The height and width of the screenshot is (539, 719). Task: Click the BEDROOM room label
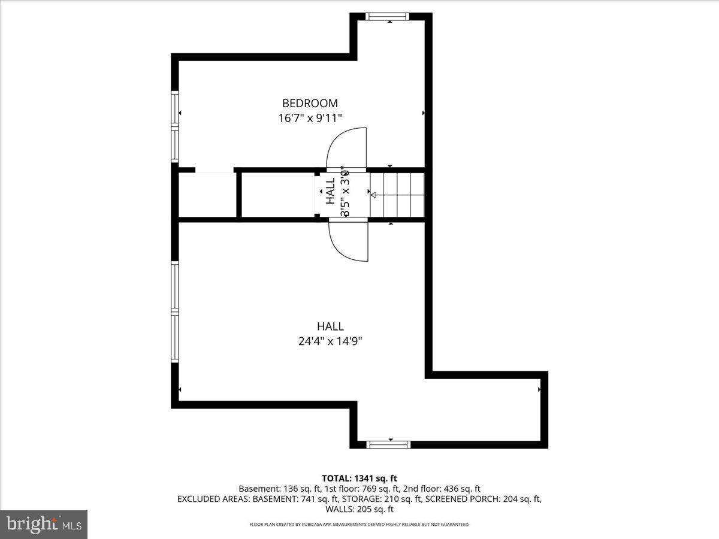310,103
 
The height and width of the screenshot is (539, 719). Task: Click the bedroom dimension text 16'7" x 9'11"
310,118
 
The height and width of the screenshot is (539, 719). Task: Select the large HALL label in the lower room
330,326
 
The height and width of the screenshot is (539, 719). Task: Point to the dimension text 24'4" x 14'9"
330,341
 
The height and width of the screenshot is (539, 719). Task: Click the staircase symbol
397,195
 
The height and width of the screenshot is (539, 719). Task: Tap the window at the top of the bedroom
388,16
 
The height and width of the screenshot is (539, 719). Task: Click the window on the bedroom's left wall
175,126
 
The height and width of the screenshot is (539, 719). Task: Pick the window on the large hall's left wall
175,311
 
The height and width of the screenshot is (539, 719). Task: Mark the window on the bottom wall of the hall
388,444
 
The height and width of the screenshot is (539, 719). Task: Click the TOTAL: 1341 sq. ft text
359,478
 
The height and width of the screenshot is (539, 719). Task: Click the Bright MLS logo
44,524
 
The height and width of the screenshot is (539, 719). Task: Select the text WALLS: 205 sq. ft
359,509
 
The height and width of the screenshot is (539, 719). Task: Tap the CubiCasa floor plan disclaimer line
359,525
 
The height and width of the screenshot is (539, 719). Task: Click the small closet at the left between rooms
207,195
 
